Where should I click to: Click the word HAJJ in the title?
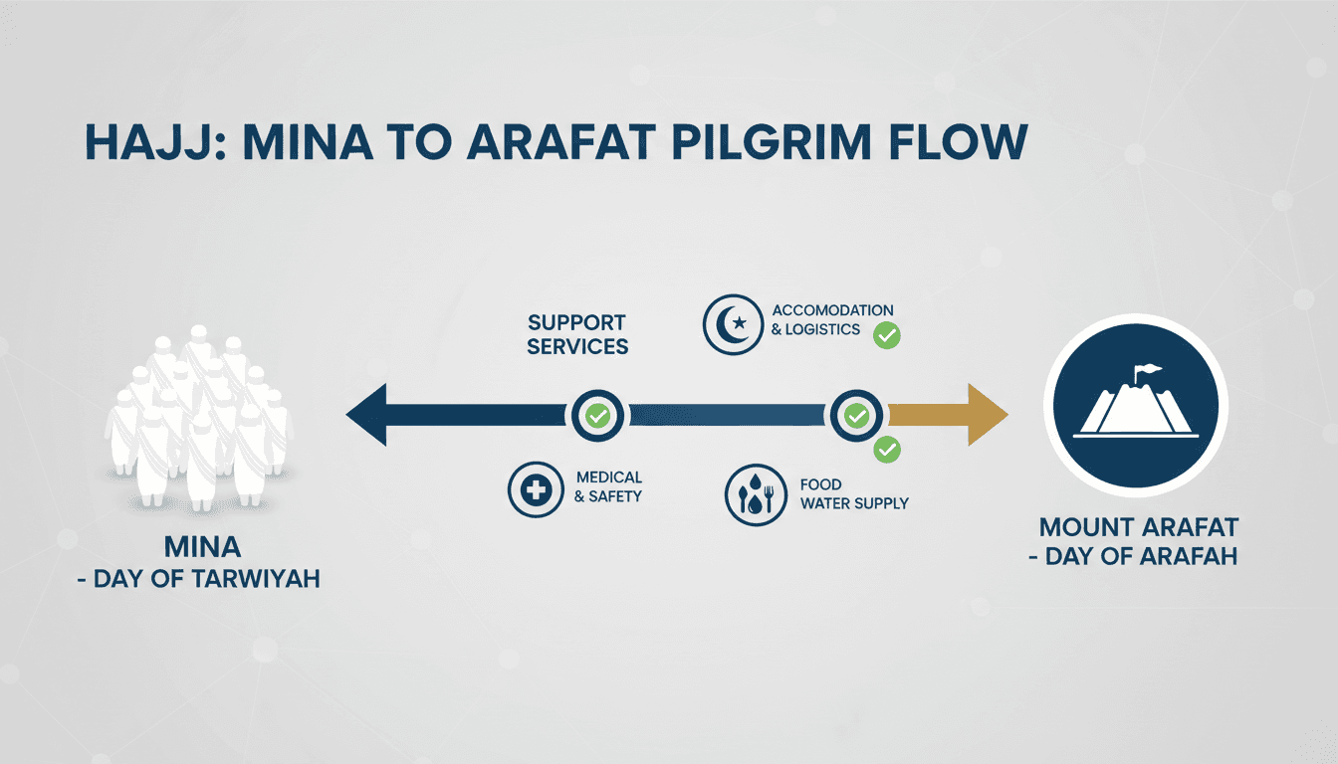(x=156, y=142)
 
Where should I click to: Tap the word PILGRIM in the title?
(x=772, y=142)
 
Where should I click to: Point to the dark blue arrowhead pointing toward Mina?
(x=366, y=415)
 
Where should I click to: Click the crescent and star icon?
(x=733, y=324)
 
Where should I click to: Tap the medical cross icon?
(x=536, y=489)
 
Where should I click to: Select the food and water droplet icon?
(x=756, y=494)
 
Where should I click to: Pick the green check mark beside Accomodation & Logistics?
(x=886, y=335)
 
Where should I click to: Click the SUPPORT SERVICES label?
(x=577, y=334)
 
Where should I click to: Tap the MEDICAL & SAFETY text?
(x=608, y=486)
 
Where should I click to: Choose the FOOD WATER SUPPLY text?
(x=854, y=493)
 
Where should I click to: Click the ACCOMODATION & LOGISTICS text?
(x=832, y=320)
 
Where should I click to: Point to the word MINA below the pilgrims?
(x=202, y=547)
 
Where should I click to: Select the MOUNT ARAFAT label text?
(x=1139, y=527)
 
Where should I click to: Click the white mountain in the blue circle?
(x=1136, y=406)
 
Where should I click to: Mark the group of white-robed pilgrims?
(x=199, y=417)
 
